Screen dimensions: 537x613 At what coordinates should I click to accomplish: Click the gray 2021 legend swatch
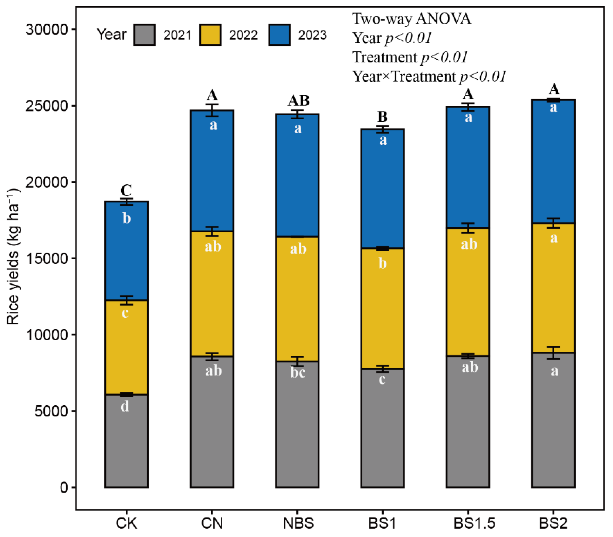[x=144, y=35]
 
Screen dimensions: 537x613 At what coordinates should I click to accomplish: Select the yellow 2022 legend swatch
[x=210, y=35]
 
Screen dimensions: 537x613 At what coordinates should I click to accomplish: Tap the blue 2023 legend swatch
[x=279, y=35]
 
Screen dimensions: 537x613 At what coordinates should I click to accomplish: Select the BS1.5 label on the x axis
[x=474, y=523]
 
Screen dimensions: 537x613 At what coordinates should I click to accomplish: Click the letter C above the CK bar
[x=126, y=190]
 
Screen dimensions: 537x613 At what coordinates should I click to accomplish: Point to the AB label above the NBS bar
[x=298, y=101]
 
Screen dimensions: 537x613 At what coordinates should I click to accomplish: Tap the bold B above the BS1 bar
[x=382, y=117]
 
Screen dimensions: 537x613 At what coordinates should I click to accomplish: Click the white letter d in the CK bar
[x=125, y=407]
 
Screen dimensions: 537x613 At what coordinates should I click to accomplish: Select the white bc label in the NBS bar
[x=298, y=373]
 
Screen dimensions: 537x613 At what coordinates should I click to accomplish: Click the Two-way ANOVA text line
[x=412, y=19]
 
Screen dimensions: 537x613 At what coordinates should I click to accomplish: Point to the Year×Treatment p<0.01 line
[x=429, y=76]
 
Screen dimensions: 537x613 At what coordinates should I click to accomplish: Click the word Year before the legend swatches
[x=111, y=35]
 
